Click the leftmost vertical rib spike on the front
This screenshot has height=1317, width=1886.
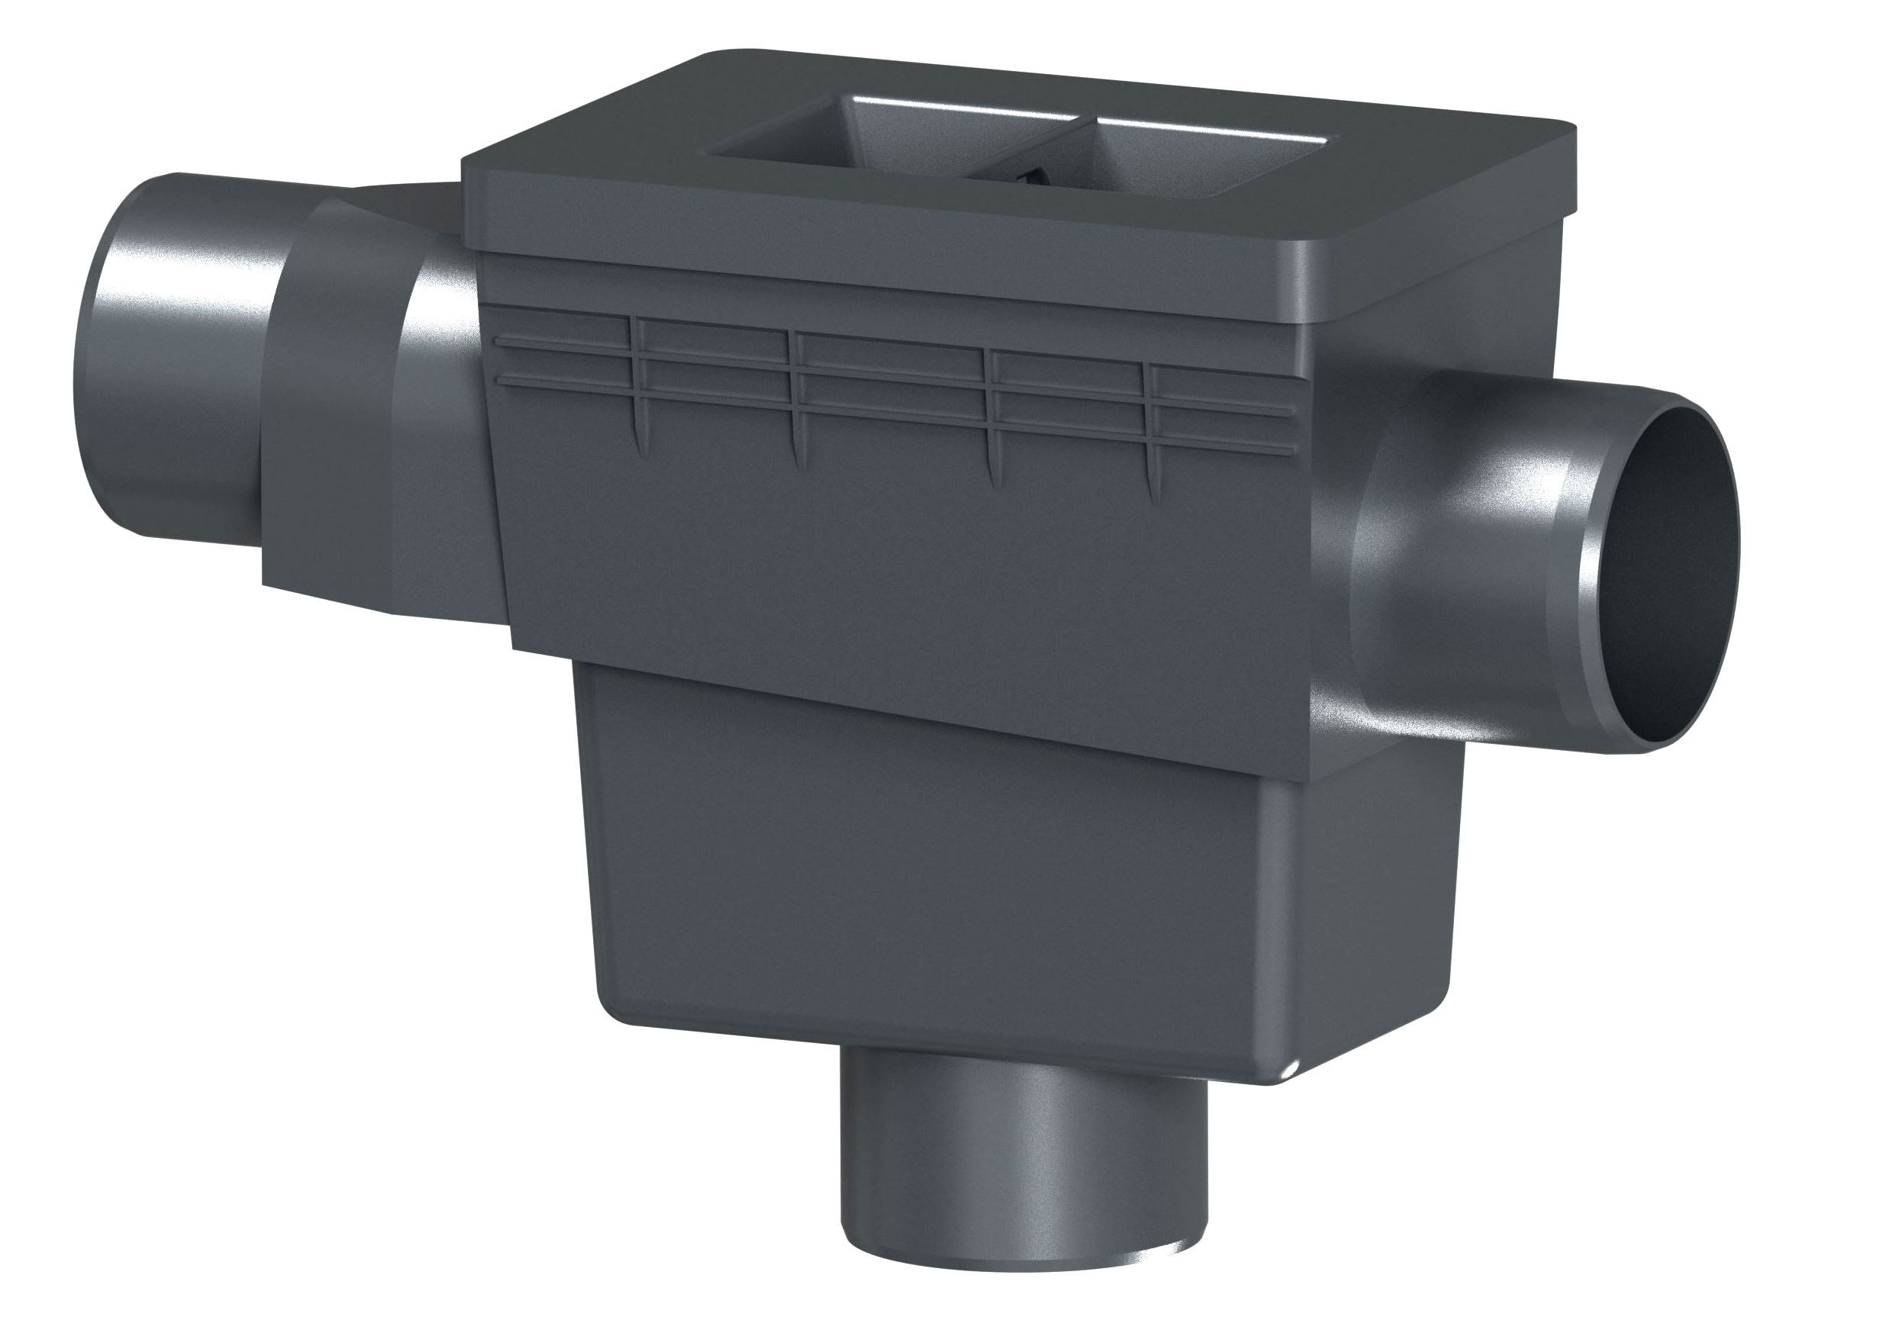[x=637, y=435]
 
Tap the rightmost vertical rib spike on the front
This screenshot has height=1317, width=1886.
[x=1153, y=485]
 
